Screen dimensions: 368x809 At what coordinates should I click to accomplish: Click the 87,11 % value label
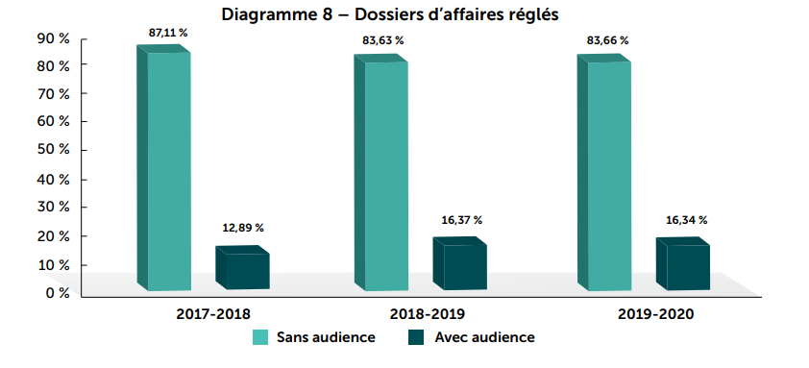click(x=168, y=33)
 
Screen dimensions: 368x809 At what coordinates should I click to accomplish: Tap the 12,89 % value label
click(x=243, y=228)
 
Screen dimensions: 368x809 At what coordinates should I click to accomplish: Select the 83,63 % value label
click(x=383, y=40)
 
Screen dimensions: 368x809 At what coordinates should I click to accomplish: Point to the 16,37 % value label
click(x=462, y=220)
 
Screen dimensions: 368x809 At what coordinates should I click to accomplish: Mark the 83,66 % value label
click(x=608, y=40)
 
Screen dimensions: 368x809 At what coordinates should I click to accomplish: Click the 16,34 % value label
click(x=687, y=220)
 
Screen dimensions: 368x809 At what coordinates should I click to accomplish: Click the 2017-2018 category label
click(x=212, y=314)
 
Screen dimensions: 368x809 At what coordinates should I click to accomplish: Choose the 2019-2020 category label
click(x=655, y=314)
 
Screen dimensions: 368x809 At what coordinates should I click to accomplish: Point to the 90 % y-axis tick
click(x=52, y=38)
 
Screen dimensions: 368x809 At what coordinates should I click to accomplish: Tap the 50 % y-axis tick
click(x=52, y=151)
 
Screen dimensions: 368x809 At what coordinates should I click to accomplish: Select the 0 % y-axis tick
click(x=56, y=292)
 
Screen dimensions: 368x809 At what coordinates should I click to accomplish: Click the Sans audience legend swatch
click(x=259, y=338)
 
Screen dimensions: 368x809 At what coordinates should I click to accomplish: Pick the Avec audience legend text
click(x=484, y=338)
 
